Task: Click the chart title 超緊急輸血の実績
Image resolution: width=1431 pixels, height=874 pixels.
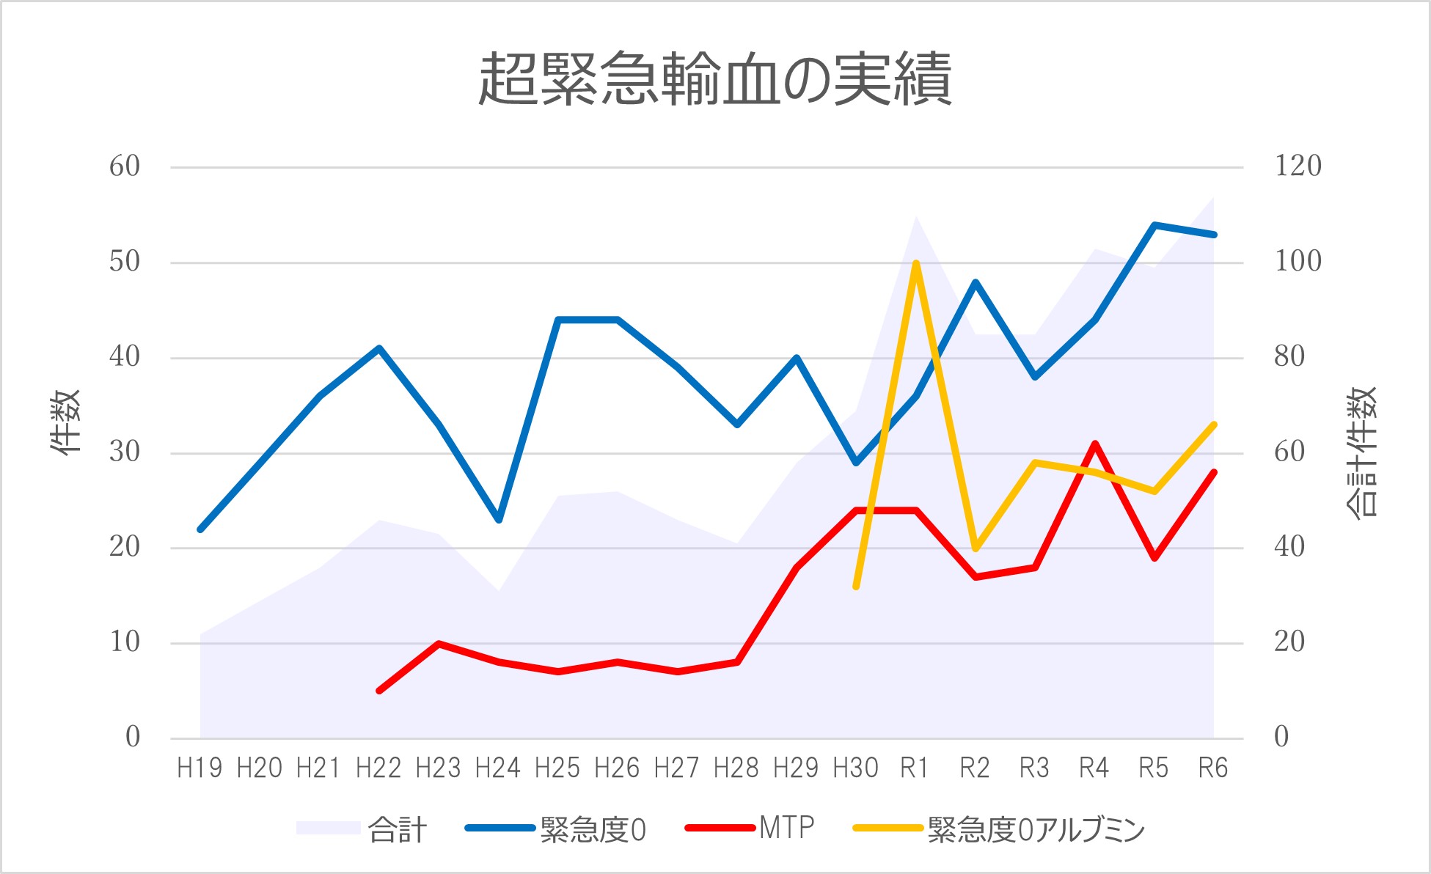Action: point(715,79)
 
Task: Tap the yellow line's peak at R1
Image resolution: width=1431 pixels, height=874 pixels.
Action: point(916,263)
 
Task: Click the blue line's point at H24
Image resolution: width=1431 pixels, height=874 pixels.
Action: point(499,520)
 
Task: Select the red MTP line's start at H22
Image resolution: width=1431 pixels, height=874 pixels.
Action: point(379,691)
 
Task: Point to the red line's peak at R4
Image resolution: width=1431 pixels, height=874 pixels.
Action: point(1095,444)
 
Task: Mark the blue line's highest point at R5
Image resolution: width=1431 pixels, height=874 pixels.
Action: point(1154,225)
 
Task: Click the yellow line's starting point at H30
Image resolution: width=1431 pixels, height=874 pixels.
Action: point(856,587)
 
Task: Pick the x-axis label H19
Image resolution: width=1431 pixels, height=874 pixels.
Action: point(200,768)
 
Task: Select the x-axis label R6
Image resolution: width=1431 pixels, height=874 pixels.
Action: point(1213,768)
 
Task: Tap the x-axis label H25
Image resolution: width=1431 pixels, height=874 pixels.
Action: point(557,768)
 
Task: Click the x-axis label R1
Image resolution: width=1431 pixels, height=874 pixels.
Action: point(915,768)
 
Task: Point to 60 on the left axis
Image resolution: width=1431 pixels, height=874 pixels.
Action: point(125,167)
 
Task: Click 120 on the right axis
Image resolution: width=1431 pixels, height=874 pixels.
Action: point(1298,166)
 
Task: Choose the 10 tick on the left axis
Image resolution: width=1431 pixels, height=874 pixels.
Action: point(125,643)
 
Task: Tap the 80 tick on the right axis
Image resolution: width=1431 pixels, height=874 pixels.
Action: point(1289,358)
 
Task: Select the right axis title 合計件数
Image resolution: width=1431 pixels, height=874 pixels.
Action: point(1363,452)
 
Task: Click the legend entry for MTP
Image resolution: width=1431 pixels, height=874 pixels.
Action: point(786,829)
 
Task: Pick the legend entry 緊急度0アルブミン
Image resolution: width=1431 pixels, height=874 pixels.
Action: point(1036,830)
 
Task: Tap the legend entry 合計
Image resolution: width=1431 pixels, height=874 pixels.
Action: point(397,830)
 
